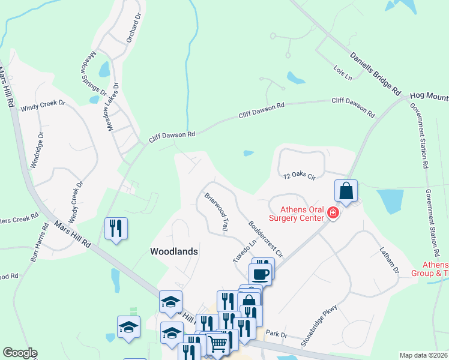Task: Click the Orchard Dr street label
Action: click(x=133, y=27)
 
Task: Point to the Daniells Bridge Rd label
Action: click(x=376, y=74)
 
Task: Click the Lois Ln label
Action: click(x=343, y=72)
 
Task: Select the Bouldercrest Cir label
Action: click(x=265, y=238)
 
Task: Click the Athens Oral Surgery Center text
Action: click(x=302, y=214)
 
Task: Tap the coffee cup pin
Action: click(x=261, y=274)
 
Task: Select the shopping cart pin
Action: click(x=217, y=343)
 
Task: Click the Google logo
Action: click(x=20, y=353)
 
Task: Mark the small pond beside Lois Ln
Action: click(x=295, y=78)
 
